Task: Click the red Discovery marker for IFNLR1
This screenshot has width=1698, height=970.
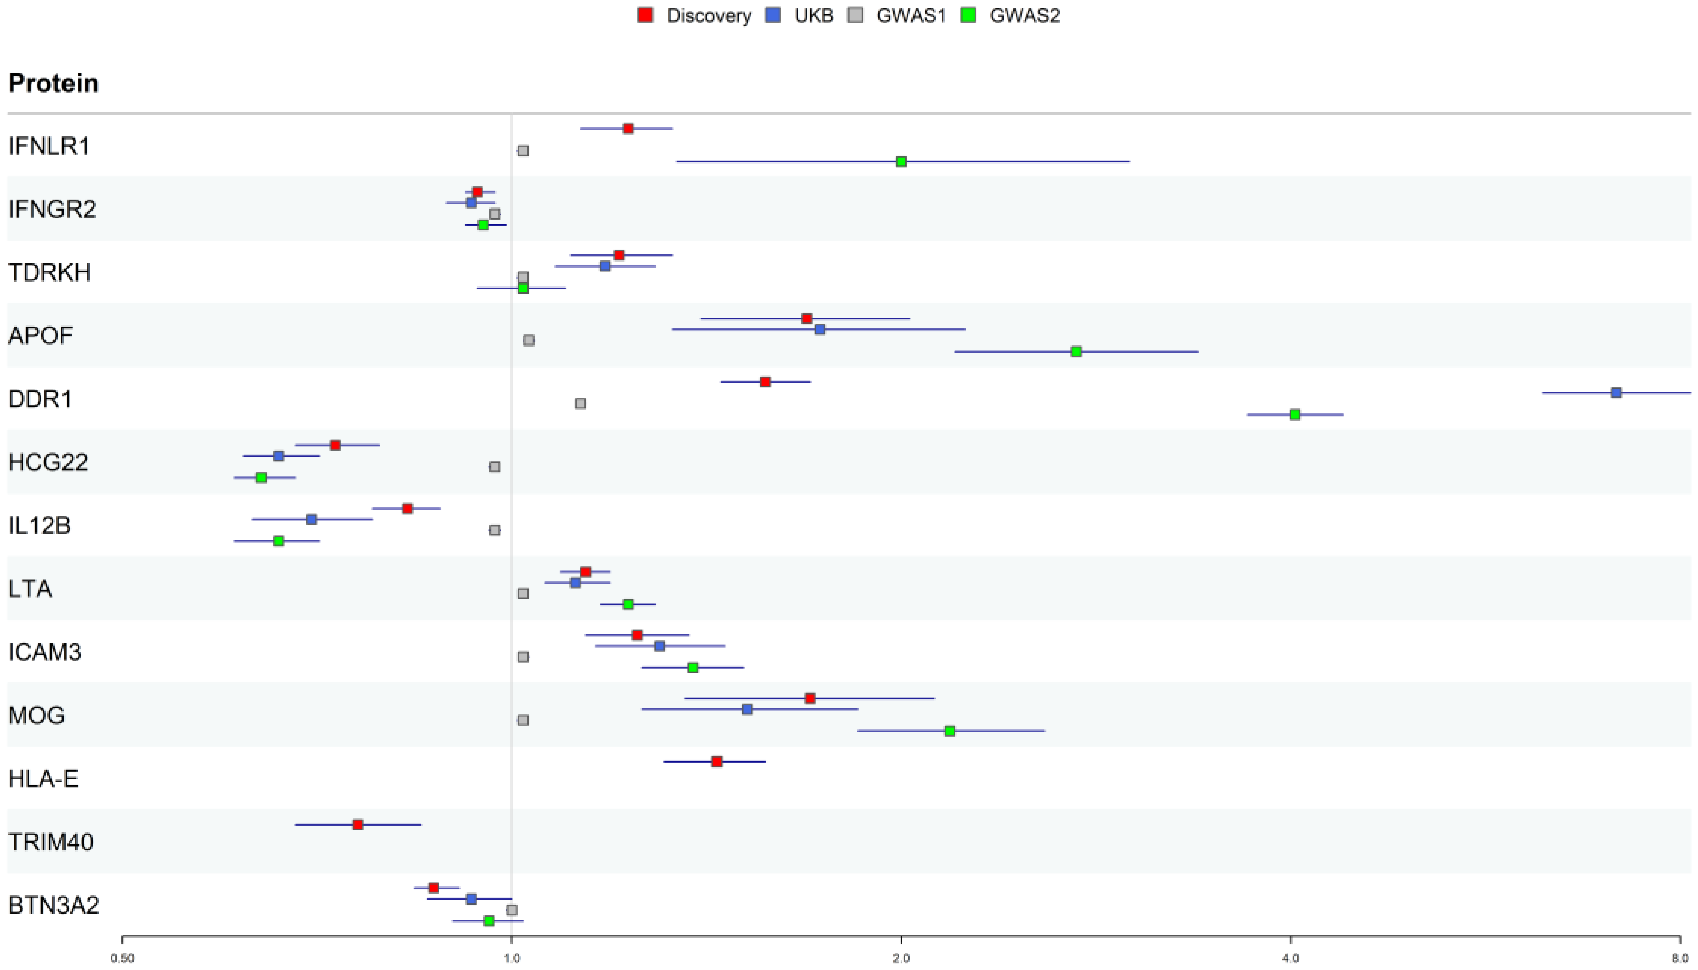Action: [628, 128]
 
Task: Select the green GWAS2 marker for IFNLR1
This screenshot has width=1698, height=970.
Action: [901, 161]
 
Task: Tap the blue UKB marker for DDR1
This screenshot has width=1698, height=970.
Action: [1616, 393]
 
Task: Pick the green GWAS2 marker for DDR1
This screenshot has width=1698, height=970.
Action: [1295, 414]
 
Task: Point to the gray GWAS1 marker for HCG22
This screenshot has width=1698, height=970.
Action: [494, 467]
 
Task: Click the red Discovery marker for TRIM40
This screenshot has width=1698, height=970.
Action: [358, 825]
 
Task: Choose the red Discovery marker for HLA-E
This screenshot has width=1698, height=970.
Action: [717, 761]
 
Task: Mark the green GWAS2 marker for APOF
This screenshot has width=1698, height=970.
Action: [1076, 351]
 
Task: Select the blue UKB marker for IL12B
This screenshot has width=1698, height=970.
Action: [311, 519]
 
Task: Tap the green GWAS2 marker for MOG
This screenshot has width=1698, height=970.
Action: [950, 731]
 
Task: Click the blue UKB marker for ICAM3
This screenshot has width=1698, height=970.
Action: [659, 646]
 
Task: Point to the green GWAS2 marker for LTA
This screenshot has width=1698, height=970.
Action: [628, 604]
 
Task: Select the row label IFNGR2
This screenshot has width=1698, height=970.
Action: [52, 209]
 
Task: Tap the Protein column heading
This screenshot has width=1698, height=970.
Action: [53, 83]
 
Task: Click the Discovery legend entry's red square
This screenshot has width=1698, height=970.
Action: [645, 15]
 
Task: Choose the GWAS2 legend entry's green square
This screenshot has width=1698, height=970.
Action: [968, 15]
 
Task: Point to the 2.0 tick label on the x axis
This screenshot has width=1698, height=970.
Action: [901, 959]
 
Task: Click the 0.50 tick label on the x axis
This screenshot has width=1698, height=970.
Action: [122, 959]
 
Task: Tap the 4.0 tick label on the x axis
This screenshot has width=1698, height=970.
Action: [1291, 959]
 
